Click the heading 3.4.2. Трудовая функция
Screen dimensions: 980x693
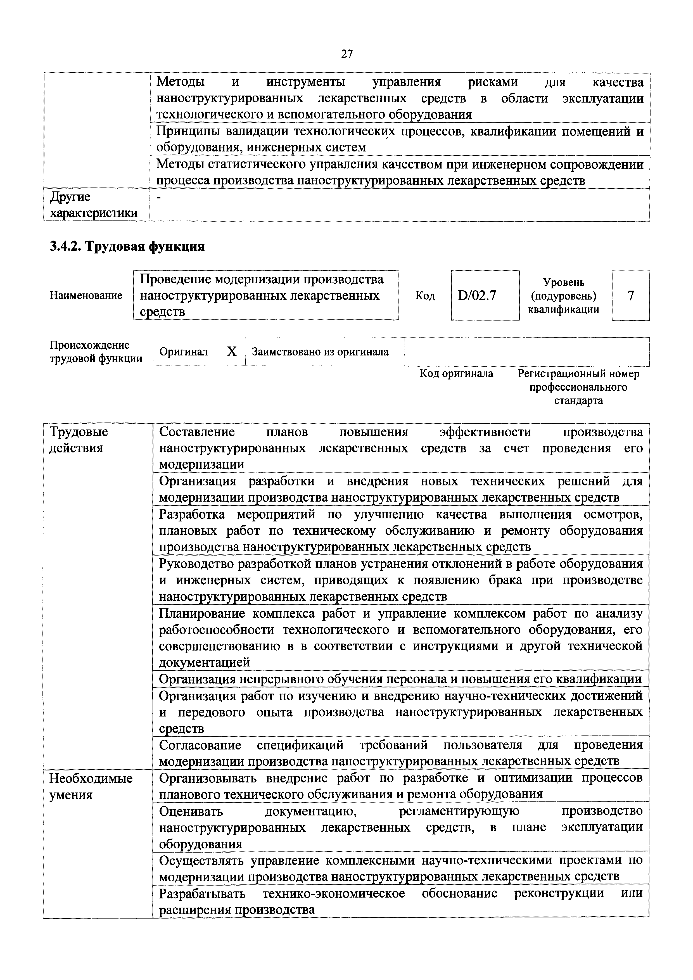(127, 246)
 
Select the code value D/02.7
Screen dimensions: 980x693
(477, 295)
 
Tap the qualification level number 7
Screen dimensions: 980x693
(630, 295)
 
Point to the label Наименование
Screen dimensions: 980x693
(86, 295)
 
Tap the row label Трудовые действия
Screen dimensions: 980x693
(79, 440)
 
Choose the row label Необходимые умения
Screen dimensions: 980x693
(91, 786)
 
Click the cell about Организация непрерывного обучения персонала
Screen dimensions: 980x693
(400, 679)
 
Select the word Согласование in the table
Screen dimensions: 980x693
(200, 745)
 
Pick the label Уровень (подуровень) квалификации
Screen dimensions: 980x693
(563, 295)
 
